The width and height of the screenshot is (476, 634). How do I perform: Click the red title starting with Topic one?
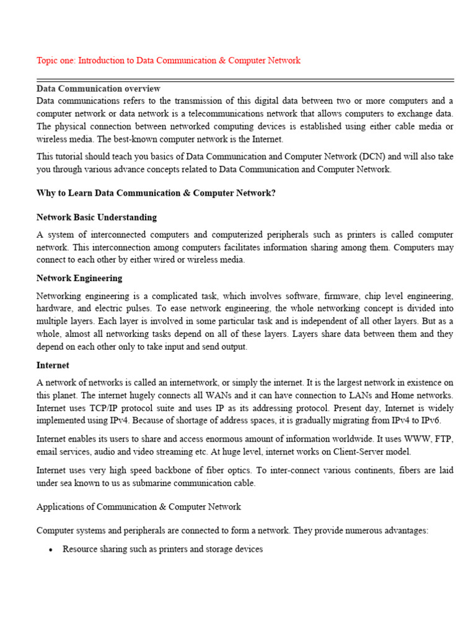click(x=168, y=61)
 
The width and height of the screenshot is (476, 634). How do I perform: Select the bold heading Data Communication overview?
click(x=98, y=89)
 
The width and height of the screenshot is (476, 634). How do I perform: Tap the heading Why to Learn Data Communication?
click(x=156, y=193)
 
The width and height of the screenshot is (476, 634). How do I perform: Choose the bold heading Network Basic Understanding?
click(x=96, y=217)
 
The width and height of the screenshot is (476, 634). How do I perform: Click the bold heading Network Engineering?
click(x=79, y=278)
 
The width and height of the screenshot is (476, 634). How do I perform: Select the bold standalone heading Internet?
click(x=53, y=365)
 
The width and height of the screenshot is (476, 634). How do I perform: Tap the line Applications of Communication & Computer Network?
click(x=139, y=506)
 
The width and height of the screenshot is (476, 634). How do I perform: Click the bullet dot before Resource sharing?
click(x=50, y=550)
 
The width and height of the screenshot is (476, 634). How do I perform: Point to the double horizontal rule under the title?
click(x=245, y=80)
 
